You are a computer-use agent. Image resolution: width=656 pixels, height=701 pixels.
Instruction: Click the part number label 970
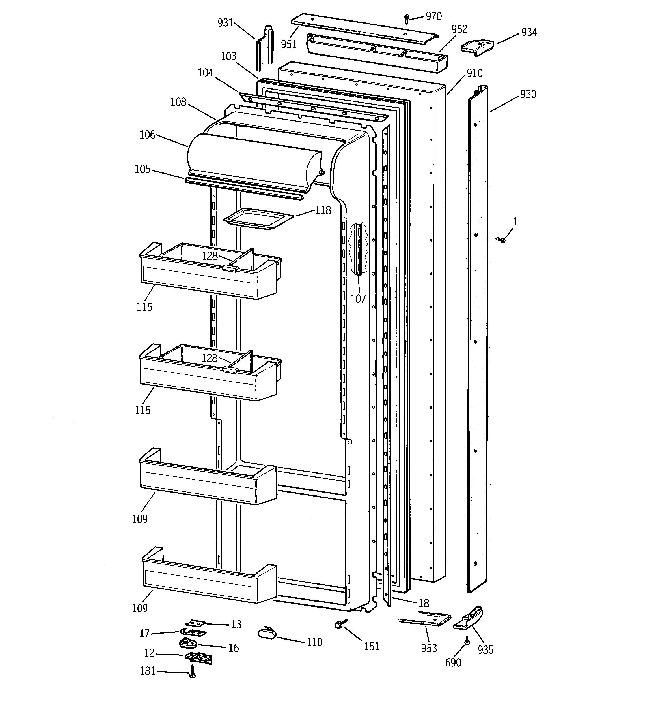pos(433,16)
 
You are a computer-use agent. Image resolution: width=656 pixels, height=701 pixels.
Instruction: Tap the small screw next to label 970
pos(407,18)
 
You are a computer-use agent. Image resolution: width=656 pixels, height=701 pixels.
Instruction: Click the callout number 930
pos(528,94)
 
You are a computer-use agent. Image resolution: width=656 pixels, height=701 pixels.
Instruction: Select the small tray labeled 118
pos(258,219)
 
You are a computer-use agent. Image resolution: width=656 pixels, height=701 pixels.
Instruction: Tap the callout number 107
pos(358,299)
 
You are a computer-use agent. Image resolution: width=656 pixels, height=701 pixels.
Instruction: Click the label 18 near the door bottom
pos(424,603)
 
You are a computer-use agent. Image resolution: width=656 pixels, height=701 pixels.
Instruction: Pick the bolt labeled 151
pos(340,624)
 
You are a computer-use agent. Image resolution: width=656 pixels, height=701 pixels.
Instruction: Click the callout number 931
pos(225,23)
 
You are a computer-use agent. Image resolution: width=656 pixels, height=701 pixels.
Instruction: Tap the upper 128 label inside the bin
pos(210,256)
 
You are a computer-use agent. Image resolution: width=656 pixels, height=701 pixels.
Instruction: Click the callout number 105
pos(143,169)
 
